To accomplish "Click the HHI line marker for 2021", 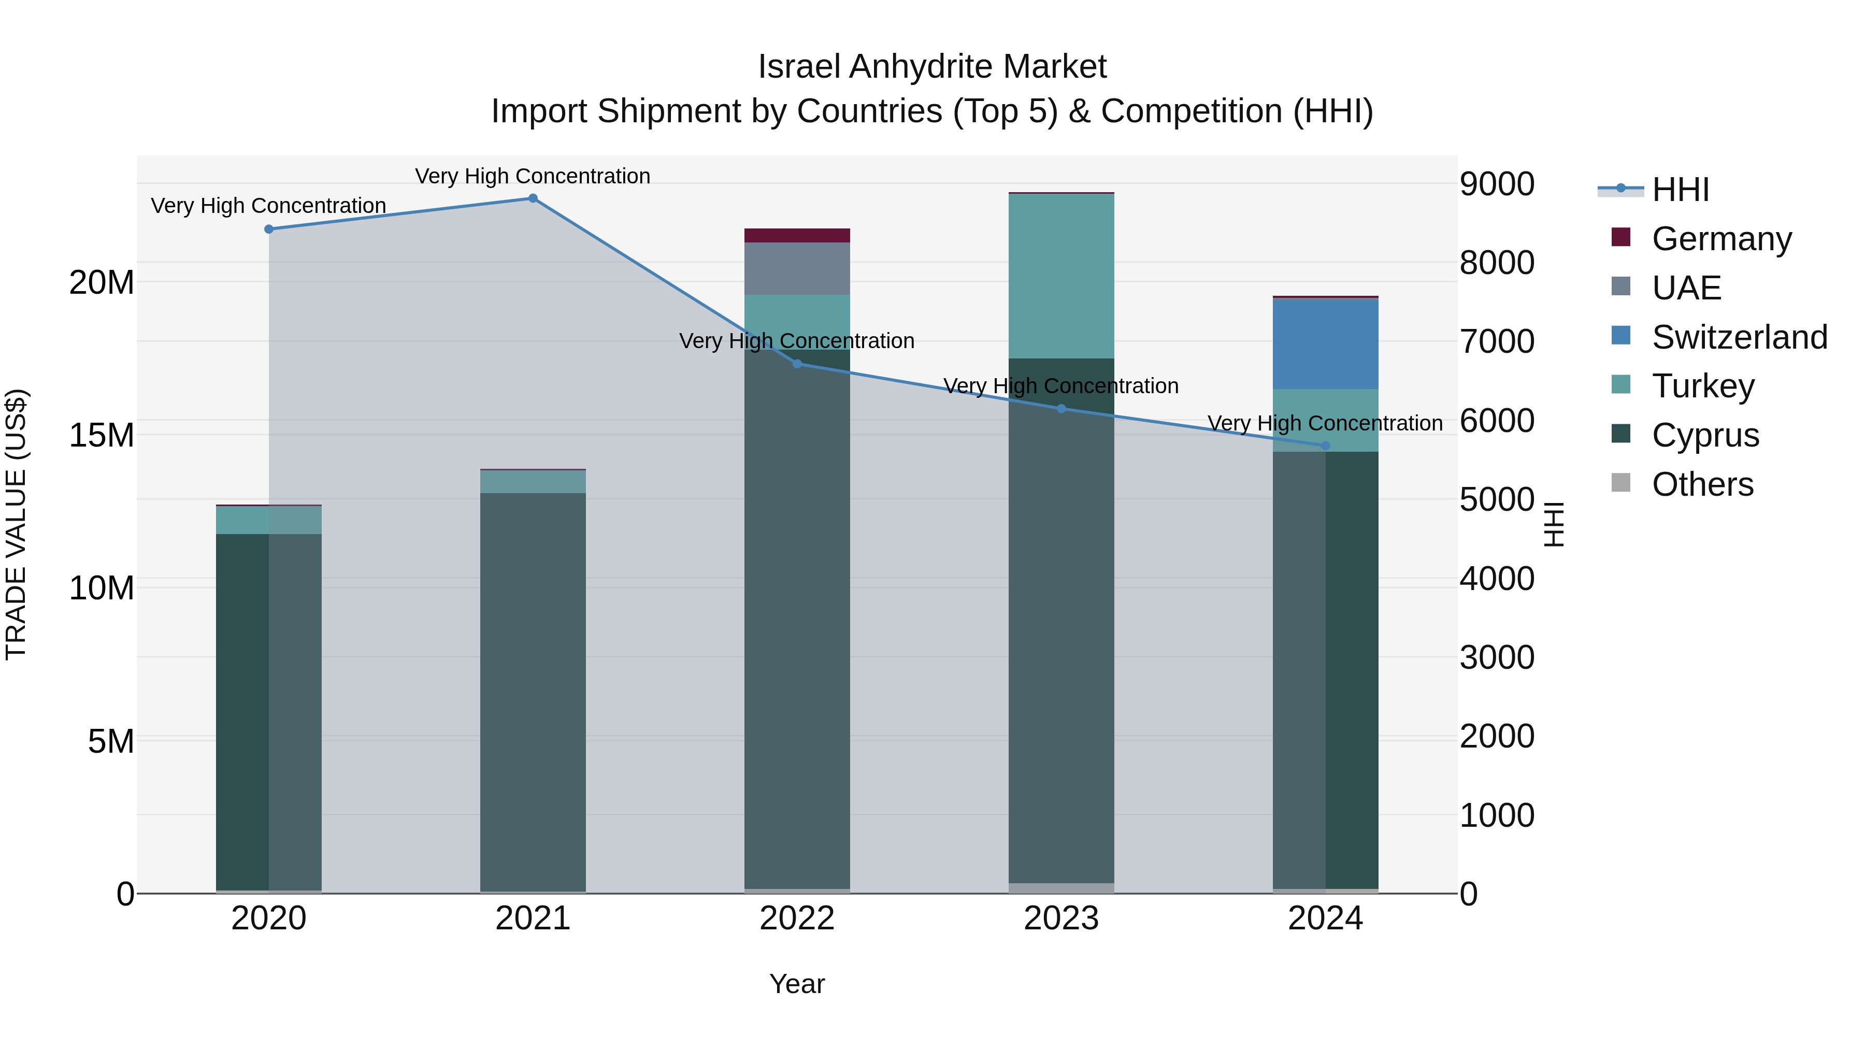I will tap(533, 198).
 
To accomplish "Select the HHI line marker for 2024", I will tap(1326, 446).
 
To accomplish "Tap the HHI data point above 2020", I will tap(268, 229).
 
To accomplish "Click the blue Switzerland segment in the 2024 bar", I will tap(1326, 344).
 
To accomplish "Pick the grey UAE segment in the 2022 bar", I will tap(797, 268).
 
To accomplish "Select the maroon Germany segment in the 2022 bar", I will tap(797, 235).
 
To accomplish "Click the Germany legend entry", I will tap(1721, 238).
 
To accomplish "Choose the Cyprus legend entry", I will tap(1705, 435).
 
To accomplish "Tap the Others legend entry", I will tap(1702, 484).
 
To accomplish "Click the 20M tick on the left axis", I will tap(102, 282).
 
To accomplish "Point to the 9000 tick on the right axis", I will tap(1497, 184).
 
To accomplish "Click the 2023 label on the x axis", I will tap(1061, 918).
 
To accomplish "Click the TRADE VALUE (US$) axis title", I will tap(16, 524).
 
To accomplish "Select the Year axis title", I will tap(797, 984).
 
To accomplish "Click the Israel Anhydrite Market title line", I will tap(932, 67).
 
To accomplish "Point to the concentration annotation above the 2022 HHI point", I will tap(797, 340).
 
